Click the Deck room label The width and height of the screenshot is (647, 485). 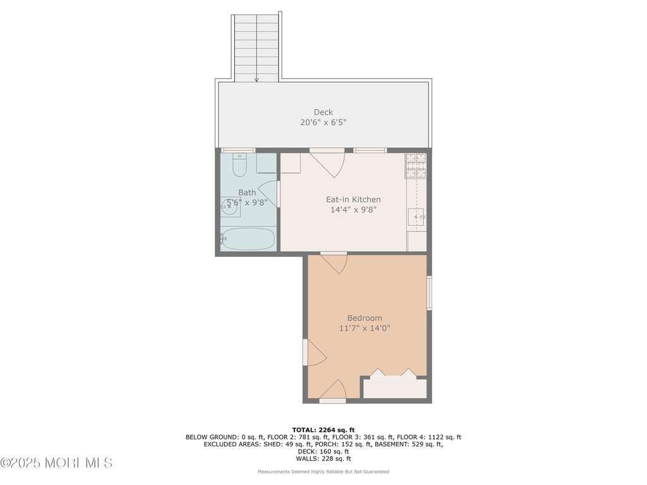tap(323, 112)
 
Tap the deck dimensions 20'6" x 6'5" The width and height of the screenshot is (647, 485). tap(323, 123)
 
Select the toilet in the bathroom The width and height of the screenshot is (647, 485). tap(239, 165)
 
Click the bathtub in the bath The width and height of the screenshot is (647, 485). tap(248, 239)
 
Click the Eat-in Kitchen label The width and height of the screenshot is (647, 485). tap(353, 200)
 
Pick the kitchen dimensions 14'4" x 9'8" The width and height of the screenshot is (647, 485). tap(353, 210)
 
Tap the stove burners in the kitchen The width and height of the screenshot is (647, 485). tap(416, 165)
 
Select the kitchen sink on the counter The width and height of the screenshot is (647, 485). tap(416, 217)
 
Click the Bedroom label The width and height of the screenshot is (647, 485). tap(365, 318)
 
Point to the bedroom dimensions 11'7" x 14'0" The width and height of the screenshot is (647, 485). tap(365, 328)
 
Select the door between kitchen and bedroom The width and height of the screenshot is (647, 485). tap(334, 264)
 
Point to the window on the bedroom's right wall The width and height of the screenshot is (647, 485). tap(429, 293)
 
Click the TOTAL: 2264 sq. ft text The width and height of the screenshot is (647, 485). tap(323, 430)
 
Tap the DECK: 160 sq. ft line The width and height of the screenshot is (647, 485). tap(323, 452)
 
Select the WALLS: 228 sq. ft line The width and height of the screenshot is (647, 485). tap(323, 458)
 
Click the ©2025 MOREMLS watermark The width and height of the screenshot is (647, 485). tap(56, 463)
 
